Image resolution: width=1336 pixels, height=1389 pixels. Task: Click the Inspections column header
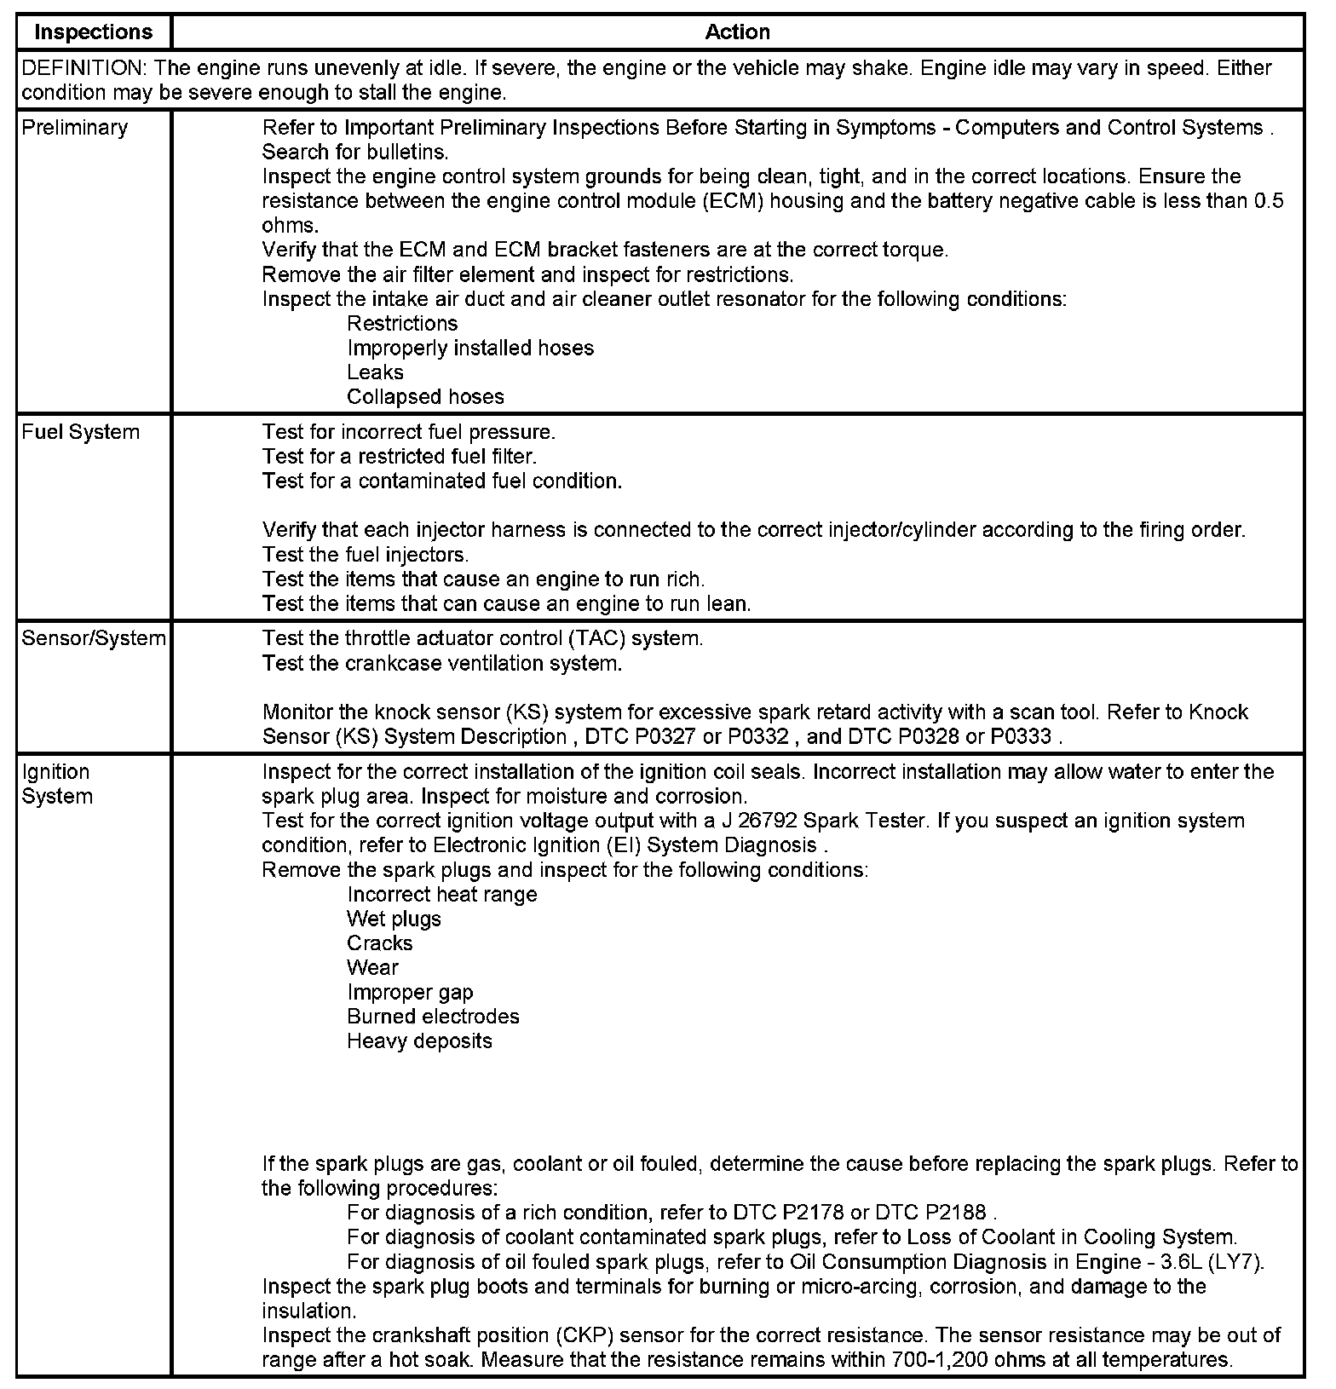(93, 32)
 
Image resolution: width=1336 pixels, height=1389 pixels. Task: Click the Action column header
(737, 32)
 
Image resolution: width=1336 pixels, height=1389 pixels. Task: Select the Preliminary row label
(75, 128)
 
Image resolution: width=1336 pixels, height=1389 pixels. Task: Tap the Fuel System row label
(80, 432)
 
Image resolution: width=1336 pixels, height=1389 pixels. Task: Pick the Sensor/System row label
(94, 638)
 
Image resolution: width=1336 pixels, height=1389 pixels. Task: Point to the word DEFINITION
(81, 68)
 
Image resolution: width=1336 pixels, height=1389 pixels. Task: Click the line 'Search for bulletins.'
(355, 153)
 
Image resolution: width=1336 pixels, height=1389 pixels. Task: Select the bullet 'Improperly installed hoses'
(470, 348)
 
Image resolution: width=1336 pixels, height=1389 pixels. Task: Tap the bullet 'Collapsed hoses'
(425, 397)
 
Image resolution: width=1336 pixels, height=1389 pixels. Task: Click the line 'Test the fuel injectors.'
(366, 555)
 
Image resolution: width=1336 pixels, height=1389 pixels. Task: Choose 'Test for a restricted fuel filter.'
(400, 457)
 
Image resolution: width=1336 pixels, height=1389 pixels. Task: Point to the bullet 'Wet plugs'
(394, 919)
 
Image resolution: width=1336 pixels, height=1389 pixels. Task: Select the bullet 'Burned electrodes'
(433, 1017)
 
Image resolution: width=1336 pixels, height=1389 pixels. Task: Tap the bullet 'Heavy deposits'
(419, 1041)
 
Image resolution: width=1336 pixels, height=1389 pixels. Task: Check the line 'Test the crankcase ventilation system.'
(442, 663)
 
